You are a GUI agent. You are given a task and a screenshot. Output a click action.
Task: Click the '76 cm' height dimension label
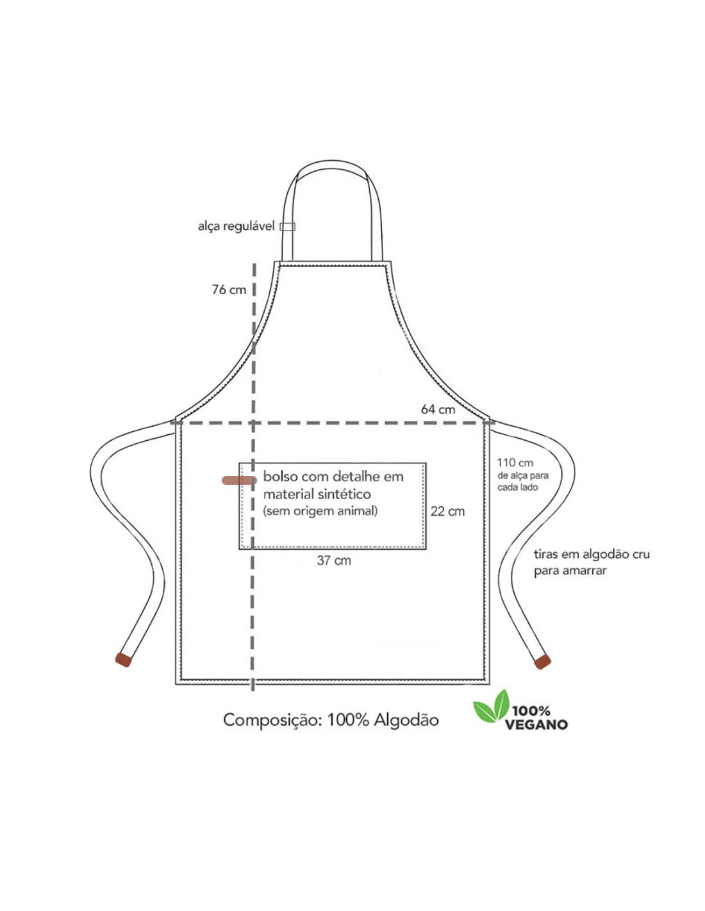[x=229, y=290]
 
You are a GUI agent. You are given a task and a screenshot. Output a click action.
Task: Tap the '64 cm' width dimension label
[x=438, y=409]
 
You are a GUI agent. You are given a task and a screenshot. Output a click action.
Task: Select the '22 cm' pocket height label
[x=448, y=511]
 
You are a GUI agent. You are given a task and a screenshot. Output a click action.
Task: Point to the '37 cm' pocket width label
[x=334, y=560]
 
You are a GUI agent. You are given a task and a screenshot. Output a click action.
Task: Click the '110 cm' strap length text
[x=515, y=463]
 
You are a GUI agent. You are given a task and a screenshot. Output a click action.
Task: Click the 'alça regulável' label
[x=236, y=226]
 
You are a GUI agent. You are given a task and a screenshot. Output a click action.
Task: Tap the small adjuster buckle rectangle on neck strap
[x=288, y=226]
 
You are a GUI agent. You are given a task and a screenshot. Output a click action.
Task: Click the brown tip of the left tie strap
[x=123, y=660]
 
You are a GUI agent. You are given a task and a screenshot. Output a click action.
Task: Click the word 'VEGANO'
[x=536, y=724]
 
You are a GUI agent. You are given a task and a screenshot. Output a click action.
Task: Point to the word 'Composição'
[x=270, y=721]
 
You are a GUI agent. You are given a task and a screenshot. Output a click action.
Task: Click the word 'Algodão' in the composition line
[x=406, y=720]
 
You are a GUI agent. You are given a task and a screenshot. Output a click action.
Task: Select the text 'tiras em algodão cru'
[x=592, y=554]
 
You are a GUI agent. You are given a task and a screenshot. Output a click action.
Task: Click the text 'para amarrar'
[x=570, y=571]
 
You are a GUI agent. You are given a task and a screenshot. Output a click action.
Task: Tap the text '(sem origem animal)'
[x=320, y=511]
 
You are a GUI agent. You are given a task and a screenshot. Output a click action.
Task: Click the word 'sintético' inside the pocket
[x=345, y=494]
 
